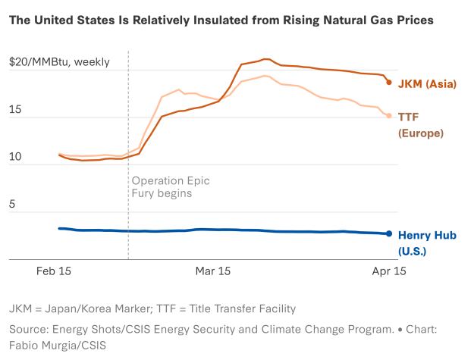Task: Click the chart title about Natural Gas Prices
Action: [221, 20]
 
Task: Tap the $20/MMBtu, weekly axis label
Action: [59, 61]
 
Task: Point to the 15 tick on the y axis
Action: [15, 111]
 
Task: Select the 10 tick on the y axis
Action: [15, 158]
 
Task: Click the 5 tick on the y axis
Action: [12, 205]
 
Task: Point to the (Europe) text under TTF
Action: [421, 133]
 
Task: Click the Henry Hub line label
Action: [427, 235]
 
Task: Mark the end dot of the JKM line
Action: [389, 82]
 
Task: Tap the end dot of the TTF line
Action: [390, 116]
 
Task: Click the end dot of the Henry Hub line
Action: [390, 234]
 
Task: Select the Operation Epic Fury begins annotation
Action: [171, 187]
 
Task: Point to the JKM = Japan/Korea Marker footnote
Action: [152, 308]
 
